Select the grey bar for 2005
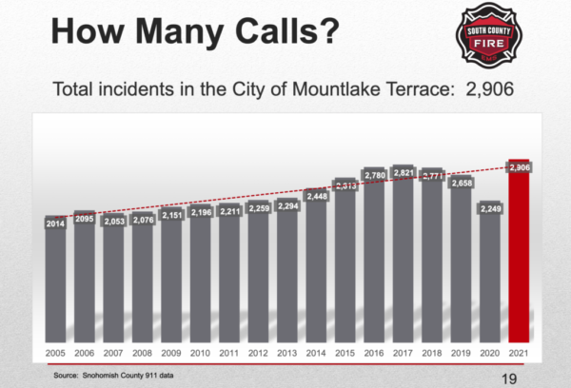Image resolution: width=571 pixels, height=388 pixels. pos(55,285)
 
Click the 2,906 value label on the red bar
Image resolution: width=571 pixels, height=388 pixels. pos(519,167)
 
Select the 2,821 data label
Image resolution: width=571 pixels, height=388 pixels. pos(404,172)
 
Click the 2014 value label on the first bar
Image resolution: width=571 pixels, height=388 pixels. pos(55,223)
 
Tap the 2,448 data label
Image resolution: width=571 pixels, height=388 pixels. pos(316,196)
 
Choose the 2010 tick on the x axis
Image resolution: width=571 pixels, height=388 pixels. pos(200,353)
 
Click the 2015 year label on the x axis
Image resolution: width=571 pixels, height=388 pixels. pos(345,353)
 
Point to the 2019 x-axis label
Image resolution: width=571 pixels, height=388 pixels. pos(462,353)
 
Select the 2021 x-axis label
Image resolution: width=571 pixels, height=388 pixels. pos(520,353)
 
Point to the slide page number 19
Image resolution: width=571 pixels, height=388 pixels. pos(509,378)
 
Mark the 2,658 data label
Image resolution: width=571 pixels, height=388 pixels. pos(462,183)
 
